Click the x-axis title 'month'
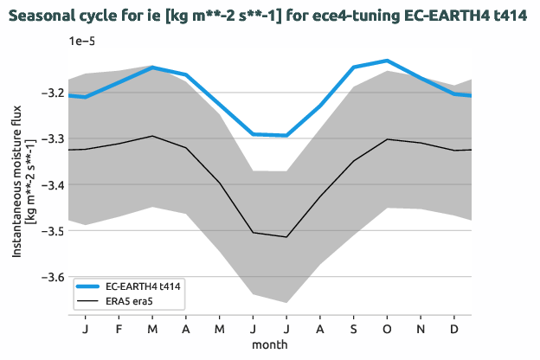tap(270, 344)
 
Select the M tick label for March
tap(152, 329)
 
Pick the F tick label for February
tap(119, 329)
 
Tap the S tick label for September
tap(353, 329)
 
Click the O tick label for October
tap(387, 329)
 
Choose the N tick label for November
tap(421, 329)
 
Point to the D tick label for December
tap(454, 329)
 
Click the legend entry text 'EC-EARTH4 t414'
tap(143, 285)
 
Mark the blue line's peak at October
tap(387, 61)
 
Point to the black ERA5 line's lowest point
tap(286, 237)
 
